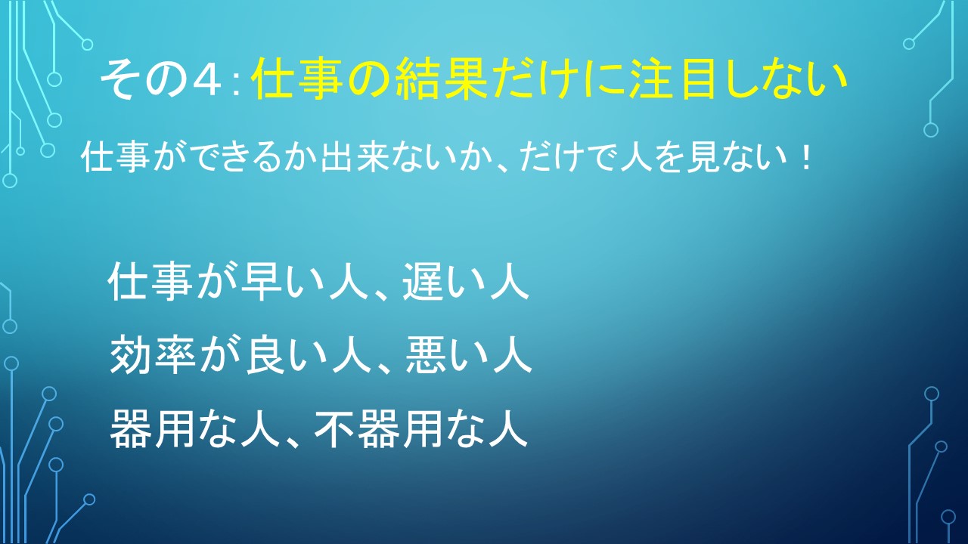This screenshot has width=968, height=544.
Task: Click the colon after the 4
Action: pos(235,84)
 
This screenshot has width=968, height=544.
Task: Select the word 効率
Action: pos(153,354)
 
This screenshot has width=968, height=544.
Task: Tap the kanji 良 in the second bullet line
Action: pos(264,354)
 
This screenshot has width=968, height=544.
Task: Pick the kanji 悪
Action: pos(425,354)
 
